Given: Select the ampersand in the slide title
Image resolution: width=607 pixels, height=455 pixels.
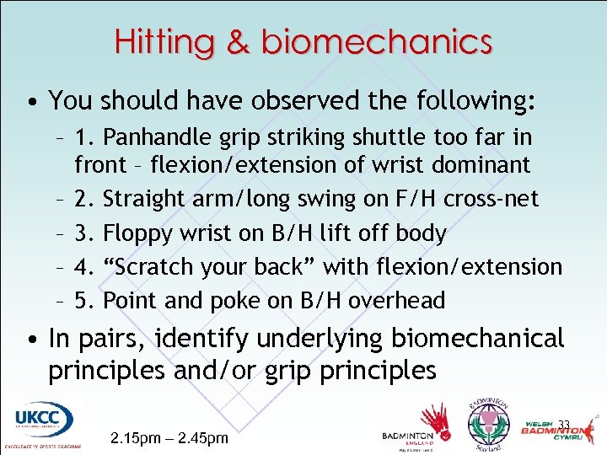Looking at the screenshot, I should coord(239,41).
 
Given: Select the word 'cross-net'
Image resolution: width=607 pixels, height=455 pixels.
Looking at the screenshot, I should coord(497,198).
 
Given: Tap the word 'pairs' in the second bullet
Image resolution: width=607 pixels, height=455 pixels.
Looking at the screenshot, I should coord(111,340).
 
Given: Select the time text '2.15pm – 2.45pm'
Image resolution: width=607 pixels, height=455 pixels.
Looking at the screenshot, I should coord(169,438).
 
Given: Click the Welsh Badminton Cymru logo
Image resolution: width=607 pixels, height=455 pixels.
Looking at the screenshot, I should coord(556,430).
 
